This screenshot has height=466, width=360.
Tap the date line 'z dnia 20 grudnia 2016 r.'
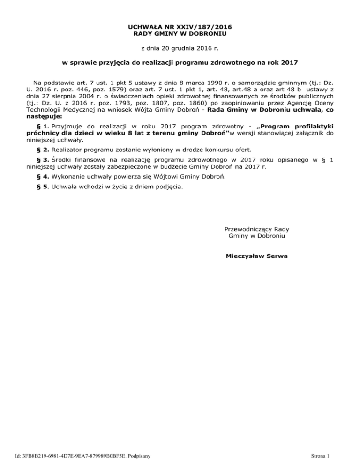point(180,48)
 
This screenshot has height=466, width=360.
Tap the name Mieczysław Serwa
point(257,256)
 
